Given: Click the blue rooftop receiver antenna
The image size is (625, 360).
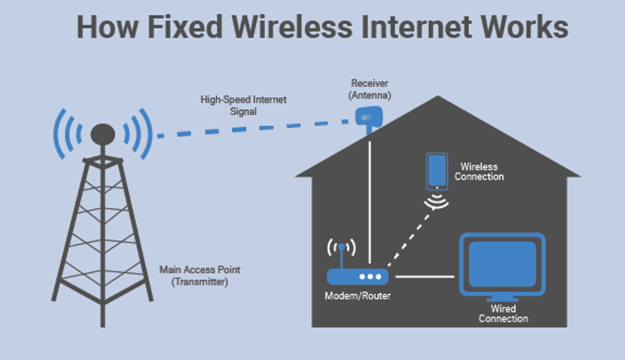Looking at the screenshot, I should click(x=370, y=116).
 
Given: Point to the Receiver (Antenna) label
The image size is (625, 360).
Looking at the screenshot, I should click(x=369, y=89).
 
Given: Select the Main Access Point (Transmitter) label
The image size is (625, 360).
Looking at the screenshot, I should click(x=200, y=275).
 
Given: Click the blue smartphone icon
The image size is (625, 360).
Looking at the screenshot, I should click(x=436, y=171).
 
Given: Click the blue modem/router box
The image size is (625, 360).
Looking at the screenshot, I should click(x=357, y=276).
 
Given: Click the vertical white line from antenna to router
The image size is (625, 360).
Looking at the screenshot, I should click(x=370, y=202).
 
